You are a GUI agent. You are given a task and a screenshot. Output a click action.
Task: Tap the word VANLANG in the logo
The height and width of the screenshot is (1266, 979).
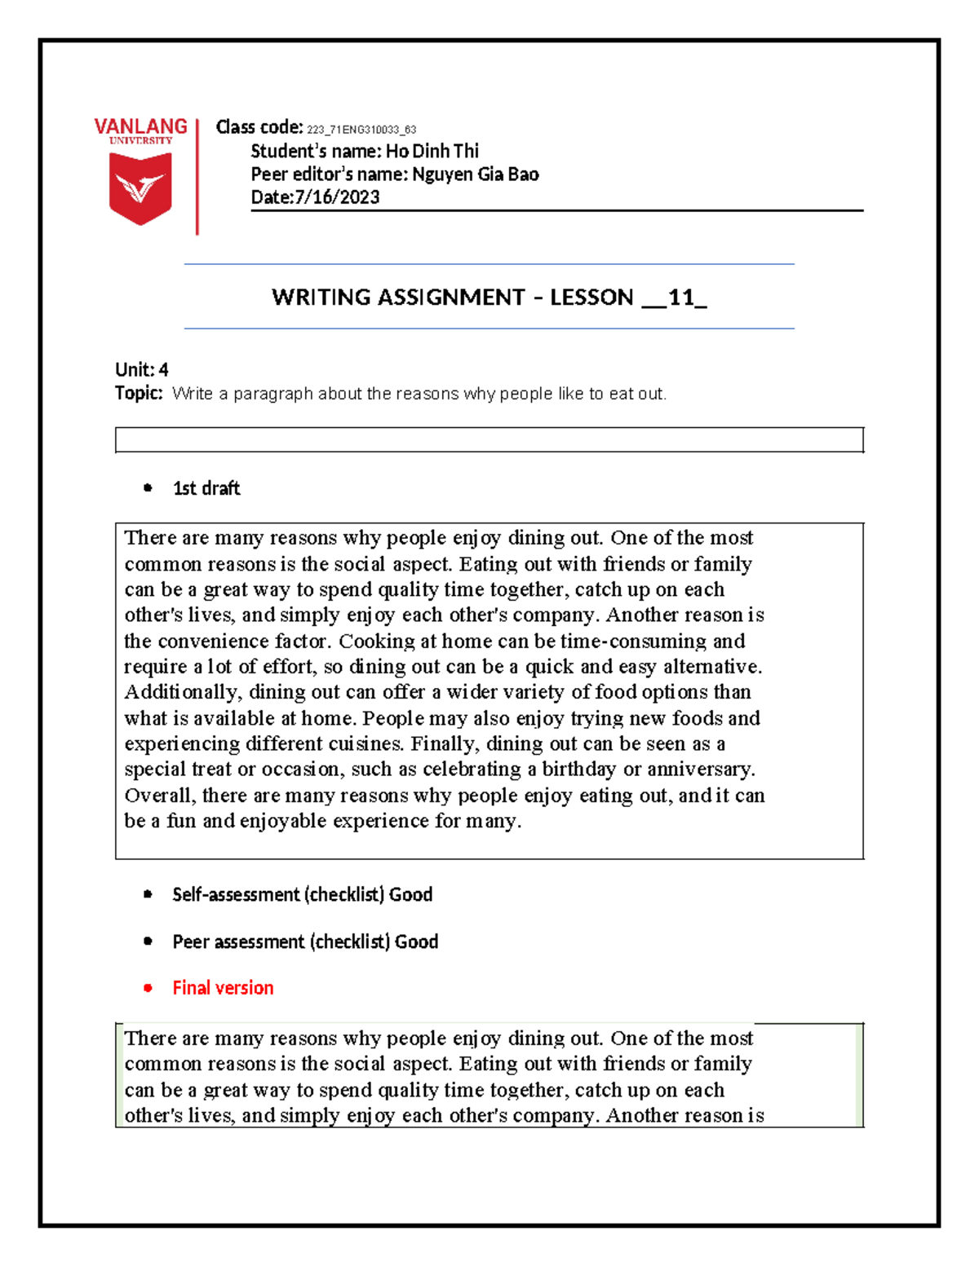tap(140, 126)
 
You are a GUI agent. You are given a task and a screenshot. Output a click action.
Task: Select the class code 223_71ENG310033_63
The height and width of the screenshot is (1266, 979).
tap(361, 130)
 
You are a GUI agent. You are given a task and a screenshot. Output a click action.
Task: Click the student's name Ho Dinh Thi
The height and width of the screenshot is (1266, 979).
tap(432, 151)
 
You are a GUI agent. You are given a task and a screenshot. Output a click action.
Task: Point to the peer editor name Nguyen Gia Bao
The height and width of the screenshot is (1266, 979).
tap(475, 174)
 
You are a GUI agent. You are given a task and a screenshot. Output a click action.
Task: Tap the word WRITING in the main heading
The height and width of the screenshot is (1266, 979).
tap(321, 297)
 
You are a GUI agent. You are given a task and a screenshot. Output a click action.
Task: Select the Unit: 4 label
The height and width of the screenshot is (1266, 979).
tap(142, 369)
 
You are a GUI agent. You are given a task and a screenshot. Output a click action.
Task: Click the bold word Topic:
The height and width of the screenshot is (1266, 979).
tap(139, 393)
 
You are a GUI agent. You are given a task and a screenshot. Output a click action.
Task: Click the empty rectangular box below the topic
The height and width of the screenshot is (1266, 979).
tap(489, 439)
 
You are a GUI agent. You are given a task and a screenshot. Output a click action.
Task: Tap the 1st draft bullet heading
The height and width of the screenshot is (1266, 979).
tap(206, 488)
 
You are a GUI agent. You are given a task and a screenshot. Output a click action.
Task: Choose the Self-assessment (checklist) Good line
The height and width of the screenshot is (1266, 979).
tap(302, 894)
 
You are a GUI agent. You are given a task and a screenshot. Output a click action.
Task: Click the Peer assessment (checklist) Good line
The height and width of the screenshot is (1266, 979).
tap(305, 942)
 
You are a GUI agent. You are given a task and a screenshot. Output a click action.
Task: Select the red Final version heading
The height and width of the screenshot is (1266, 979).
tap(223, 988)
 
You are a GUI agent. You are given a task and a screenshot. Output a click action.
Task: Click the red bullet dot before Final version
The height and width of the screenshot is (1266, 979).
tap(148, 988)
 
